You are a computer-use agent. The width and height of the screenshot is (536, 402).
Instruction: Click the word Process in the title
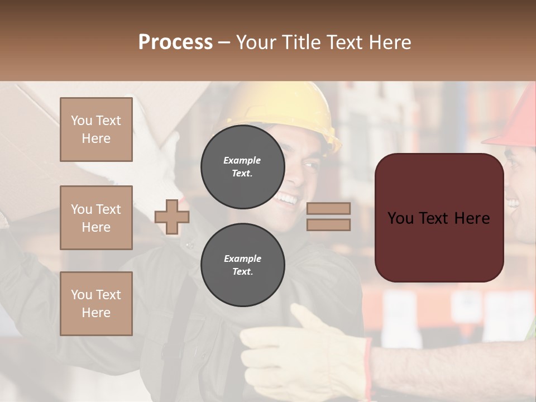coord(175,42)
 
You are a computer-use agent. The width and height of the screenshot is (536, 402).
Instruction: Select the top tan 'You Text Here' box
coord(96,130)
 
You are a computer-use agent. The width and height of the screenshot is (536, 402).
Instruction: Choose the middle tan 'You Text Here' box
coord(96,218)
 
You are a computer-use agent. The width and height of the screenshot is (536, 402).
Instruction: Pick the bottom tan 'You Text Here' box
coord(96,304)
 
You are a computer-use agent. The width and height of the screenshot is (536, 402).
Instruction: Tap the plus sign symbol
coord(172,217)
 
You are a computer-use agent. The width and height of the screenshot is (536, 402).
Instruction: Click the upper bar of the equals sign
coord(328,208)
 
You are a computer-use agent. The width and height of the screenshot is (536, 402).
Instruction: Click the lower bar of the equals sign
coord(328,224)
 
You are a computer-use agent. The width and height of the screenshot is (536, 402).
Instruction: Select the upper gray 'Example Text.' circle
coord(242,167)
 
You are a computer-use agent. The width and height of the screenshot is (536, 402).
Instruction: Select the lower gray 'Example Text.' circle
coord(242,265)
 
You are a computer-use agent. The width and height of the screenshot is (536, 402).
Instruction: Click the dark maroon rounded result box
coord(439,218)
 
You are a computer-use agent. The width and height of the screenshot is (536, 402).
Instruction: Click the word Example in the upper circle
coord(242,160)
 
